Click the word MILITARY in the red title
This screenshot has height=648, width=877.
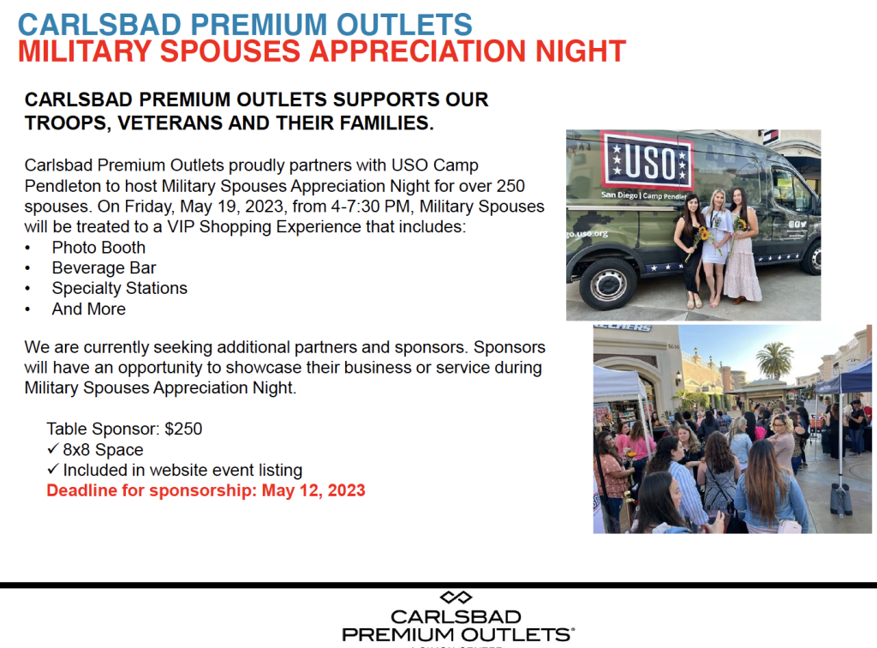tap(85, 51)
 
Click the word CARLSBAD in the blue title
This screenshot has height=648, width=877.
tap(99, 25)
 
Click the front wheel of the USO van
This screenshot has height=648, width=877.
tap(608, 284)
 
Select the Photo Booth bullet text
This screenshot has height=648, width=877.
tap(98, 248)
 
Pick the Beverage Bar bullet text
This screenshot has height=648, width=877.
tap(104, 268)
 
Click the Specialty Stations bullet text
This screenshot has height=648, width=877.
tap(120, 288)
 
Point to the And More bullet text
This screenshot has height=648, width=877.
tap(88, 309)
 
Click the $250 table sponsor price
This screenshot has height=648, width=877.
tap(183, 429)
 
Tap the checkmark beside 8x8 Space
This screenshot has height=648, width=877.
tap(53, 449)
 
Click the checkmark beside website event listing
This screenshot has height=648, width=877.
tap(53, 469)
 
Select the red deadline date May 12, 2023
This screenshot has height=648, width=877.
tap(313, 490)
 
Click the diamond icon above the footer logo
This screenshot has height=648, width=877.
tap(456, 597)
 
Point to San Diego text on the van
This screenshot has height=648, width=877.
tap(620, 195)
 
